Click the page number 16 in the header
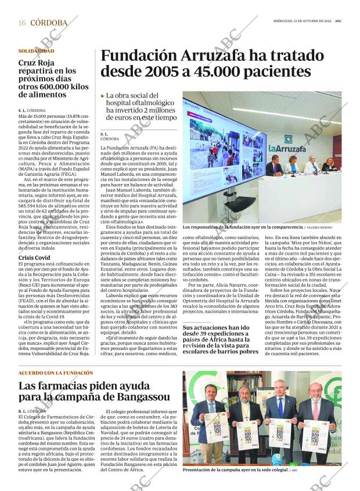pos(22,23)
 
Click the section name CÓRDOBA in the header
pos(48,23)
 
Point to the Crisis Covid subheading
pos(34,257)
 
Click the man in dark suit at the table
pos(273,168)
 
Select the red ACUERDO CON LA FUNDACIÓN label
pos(56,373)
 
